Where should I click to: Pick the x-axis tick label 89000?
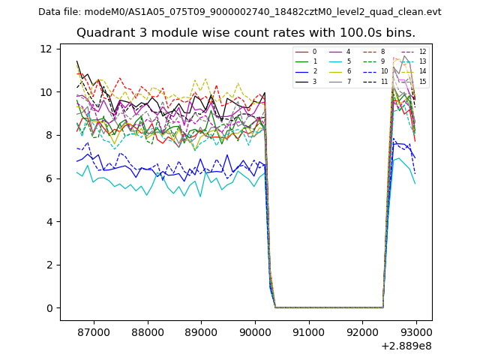coord(201,331)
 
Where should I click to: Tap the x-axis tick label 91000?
coord(308,331)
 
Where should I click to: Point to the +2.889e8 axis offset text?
coord(406,346)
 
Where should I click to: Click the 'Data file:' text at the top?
coord(60,12)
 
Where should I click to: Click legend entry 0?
coord(315,52)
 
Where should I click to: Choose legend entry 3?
coord(315,81)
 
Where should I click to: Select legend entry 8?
coord(382,52)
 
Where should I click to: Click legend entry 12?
coord(422,52)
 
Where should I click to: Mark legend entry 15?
coord(422,81)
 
